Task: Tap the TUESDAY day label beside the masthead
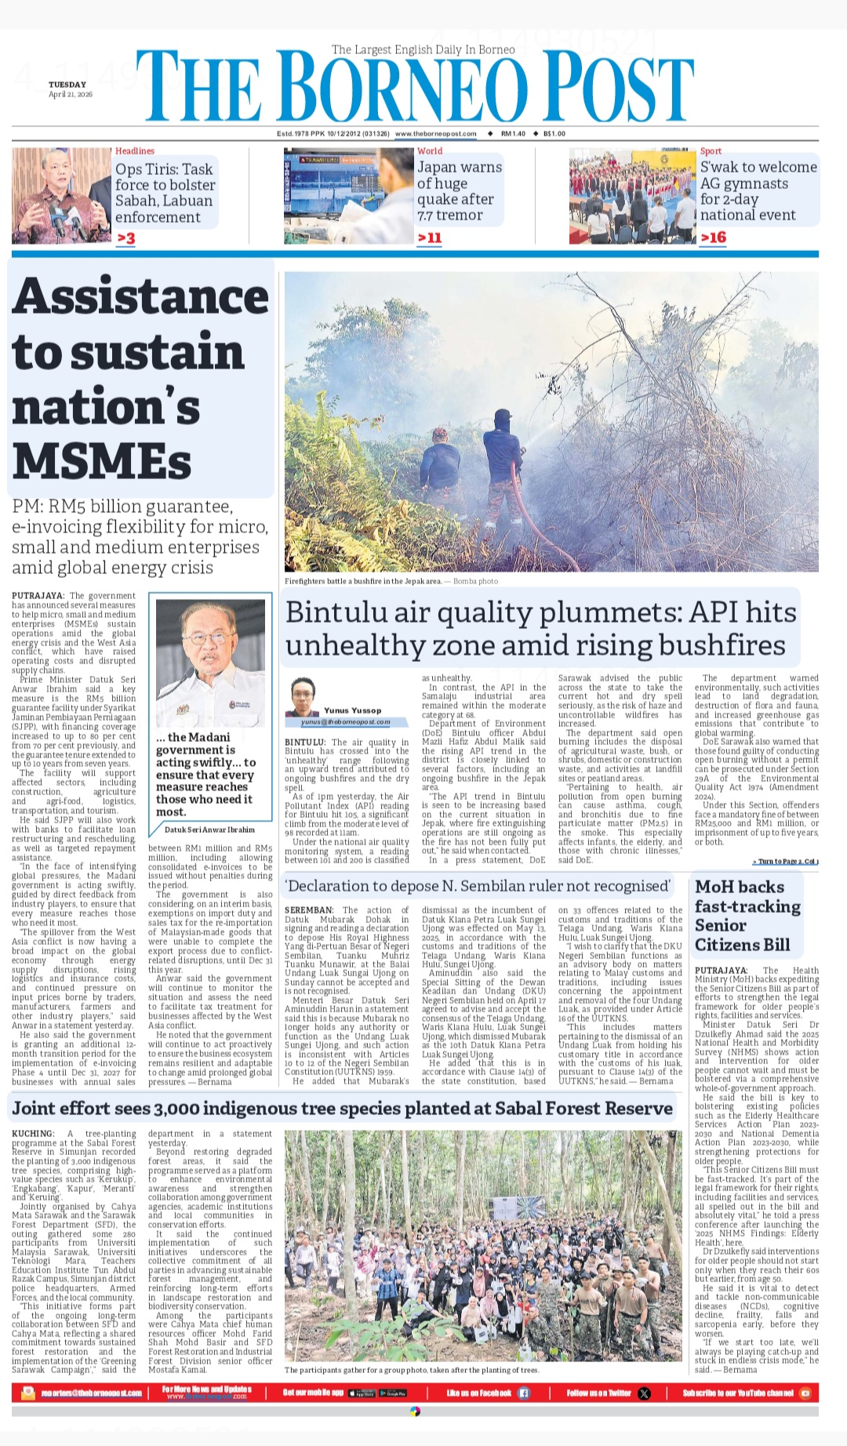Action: point(67,85)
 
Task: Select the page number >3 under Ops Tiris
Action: point(125,238)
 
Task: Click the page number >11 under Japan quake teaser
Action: point(430,238)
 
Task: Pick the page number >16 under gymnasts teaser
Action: point(713,238)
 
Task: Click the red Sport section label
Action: point(711,151)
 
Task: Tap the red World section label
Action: point(430,151)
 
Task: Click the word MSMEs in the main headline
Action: point(102,460)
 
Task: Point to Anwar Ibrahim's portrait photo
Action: point(210,663)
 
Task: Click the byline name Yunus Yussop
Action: point(352,710)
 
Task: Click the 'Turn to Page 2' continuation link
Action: point(785,862)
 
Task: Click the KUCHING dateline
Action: point(33,1134)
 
